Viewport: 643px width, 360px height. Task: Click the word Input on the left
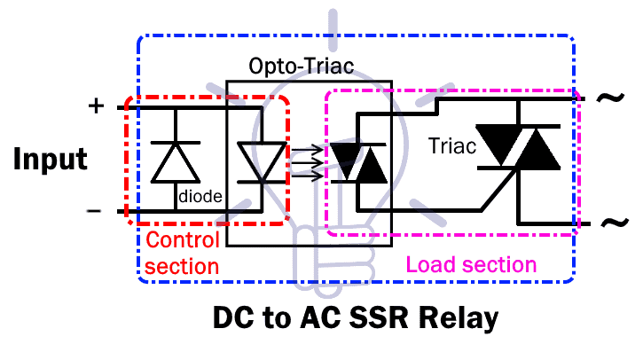coord(50,159)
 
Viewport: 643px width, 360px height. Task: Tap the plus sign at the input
coord(96,106)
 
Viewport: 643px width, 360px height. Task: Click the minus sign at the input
coord(94,211)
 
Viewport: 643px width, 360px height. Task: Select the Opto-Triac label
coord(302,66)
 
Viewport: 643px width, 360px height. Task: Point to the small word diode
coord(200,196)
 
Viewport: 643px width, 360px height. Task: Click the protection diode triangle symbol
coord(176,162)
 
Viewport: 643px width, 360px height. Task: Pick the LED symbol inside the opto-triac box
coord(262,162)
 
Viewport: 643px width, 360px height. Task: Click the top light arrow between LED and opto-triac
coord(308,150)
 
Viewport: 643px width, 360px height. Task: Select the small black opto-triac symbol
coord(358,163)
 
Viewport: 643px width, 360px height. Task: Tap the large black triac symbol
coord(518,147)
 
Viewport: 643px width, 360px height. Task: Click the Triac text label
coord(452,146)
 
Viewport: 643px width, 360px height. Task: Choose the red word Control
coord(183,240)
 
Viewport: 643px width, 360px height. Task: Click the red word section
coord(182,267)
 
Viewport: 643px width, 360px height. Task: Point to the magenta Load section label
coord(471,264)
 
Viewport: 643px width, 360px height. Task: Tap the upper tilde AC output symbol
coord(610,98)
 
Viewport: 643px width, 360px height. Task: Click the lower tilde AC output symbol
coord(615,223)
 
